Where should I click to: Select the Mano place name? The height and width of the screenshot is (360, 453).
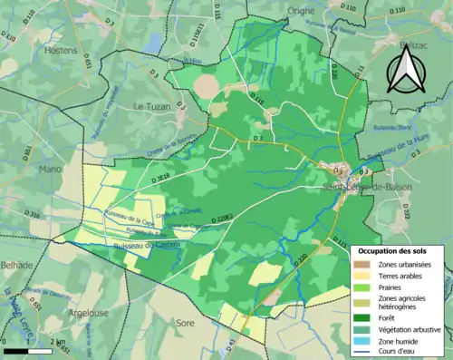coord(50,168)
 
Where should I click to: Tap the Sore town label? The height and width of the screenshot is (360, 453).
coord(185,322)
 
